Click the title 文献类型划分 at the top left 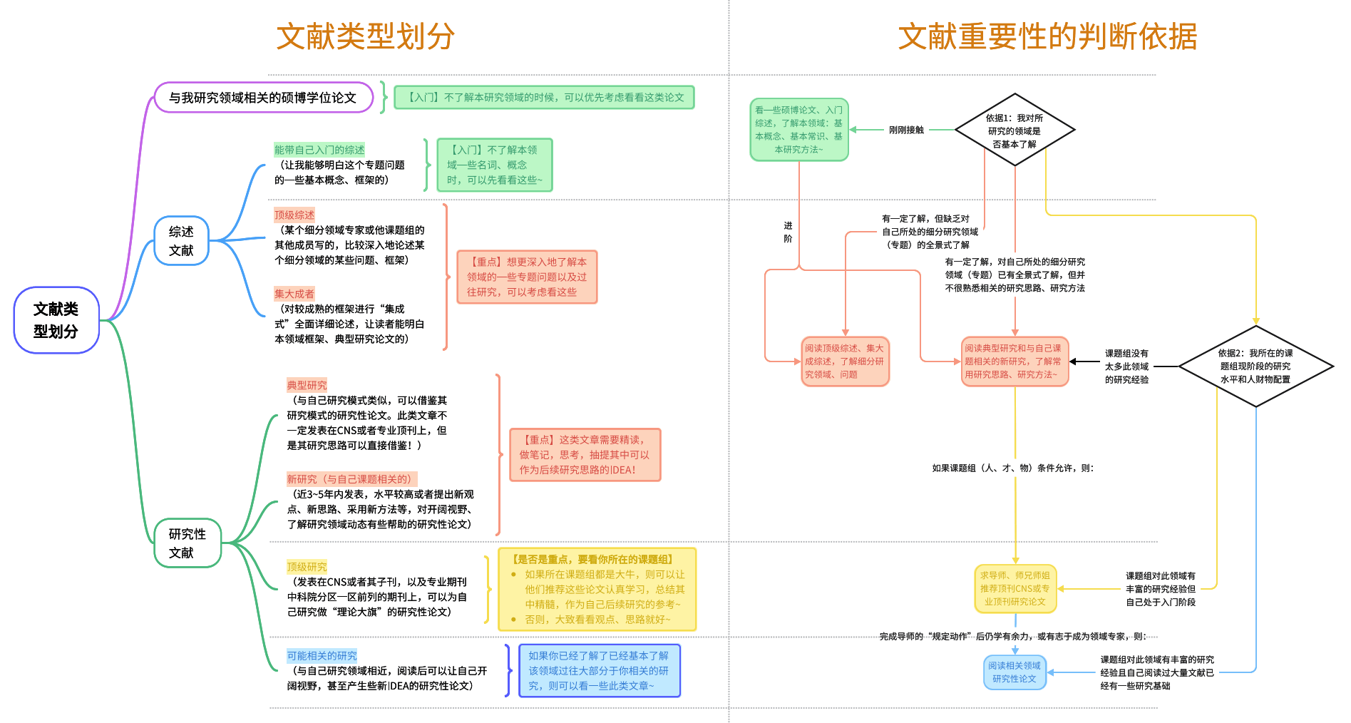click(x=365, y=36)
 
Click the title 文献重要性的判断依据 click(x=1047, y=36)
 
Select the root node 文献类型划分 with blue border click(x=56, y=320)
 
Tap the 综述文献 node click(x=181, y=241)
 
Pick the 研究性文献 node click(x=188, y=543)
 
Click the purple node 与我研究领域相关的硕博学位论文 click(x=263, y=98)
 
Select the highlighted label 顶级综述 click(x=294, y=215)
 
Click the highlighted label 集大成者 click(x=294, y=294)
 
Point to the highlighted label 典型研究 click(x=307, y=385)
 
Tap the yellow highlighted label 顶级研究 click(x=307, y=567)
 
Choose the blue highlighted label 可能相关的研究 click(x=322, y=656)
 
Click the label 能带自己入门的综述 click(x=319, y=150)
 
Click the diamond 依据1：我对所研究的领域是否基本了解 click(x=1014, y=130)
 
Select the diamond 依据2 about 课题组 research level click(x=1255, y=366)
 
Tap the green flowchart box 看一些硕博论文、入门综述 click(x=798, y=130)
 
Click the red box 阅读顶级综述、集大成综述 click(x=845, y=361)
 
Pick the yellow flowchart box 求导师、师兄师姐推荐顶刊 click(x=1015, y=589)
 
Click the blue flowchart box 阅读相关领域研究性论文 click(x=1014, y=672)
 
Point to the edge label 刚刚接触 click(x=906, y=130)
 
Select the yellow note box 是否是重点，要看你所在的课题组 click(x=597, y=590)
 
